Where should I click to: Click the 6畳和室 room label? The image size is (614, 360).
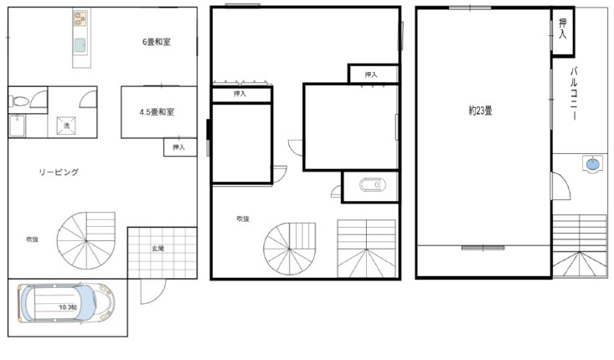pyautogui.click(x=157, y=42)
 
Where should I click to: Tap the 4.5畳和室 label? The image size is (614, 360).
pyautogui.click(x=157, y=112)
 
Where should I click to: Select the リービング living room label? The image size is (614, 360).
pyautogui.click(x=59, y=172)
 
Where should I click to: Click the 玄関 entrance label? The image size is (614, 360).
pyautogui.click(x=157, y=249)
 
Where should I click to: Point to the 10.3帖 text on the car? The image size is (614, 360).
pyautogui.click(x=67, y=307)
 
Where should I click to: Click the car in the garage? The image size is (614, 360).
pyautogui.click(x=66, y=303)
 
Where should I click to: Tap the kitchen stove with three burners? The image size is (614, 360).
pyautogui.click(x=80, y=18)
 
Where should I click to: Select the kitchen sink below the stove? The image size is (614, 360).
pyautogui.click(x=80, y=46)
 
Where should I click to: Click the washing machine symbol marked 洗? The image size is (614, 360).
pyautogui.click(x=66, y=126)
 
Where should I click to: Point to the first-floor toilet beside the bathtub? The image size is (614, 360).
pyautogui.click(x=19, y=102)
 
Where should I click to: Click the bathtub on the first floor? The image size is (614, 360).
pyautogui.click(x=18, y=126)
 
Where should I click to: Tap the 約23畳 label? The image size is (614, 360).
pyautogui.click(x=480, y=111)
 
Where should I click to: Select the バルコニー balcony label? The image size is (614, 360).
pyautogui.click(x=574, y=94)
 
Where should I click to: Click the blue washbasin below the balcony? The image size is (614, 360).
pyautogui.click(x=592, y=163)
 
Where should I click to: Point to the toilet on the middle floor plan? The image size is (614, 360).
pyautogui.click(x=373, y=185)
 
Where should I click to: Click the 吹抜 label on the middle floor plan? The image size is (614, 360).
pyautogui.click(x=243, y=219)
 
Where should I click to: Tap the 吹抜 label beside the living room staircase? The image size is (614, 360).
pyautogui.click(x=33, y=239)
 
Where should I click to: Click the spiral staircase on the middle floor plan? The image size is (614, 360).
pyautogui.click(x=289, y=249)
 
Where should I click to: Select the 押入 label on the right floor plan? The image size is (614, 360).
pyautogui.click(x=563, y=28)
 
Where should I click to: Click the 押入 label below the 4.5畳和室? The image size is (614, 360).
pyautogui.click(x=178, y=147)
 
